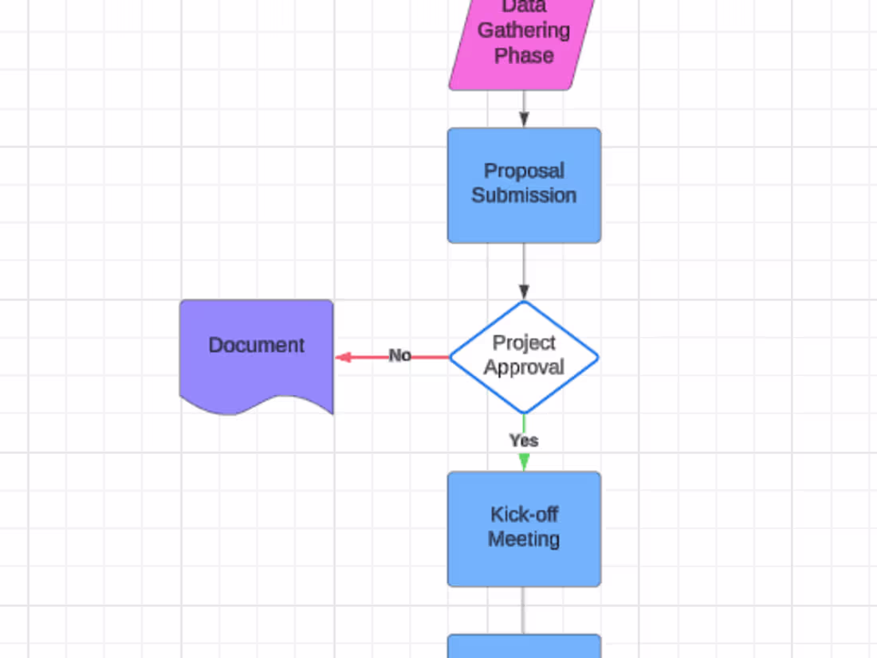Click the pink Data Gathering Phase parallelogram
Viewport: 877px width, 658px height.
point(523,40)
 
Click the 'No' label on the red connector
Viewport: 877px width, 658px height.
point(399,356)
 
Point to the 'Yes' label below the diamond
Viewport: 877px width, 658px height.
point(524,441)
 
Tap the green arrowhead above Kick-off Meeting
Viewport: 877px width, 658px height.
point(524,462)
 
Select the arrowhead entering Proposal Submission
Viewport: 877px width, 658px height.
point(524,119)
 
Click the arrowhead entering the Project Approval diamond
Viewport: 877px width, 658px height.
point(524,292)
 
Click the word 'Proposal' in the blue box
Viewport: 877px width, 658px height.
point(524,171)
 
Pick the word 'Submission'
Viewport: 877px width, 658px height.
point(524,196)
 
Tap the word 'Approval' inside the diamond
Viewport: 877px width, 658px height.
point(524,368)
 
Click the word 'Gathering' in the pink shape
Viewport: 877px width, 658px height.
point(524,30)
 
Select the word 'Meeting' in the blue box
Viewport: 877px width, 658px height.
point(524,539)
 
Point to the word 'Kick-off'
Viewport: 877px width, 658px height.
point(524,515)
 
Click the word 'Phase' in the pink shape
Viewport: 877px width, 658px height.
point(524,56)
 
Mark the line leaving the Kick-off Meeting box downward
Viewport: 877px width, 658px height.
point(524,610)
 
